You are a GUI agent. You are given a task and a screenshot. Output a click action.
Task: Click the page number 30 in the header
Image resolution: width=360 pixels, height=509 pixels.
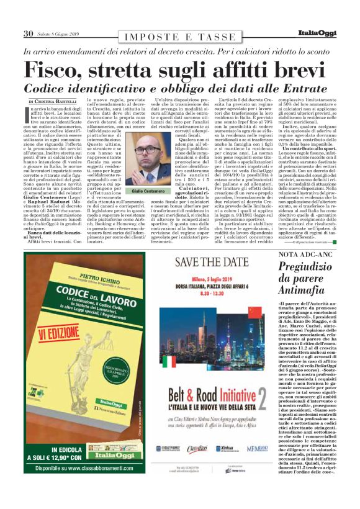[28, 33]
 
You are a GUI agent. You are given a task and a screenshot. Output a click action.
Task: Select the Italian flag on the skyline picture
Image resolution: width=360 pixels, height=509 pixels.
[169, 362]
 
